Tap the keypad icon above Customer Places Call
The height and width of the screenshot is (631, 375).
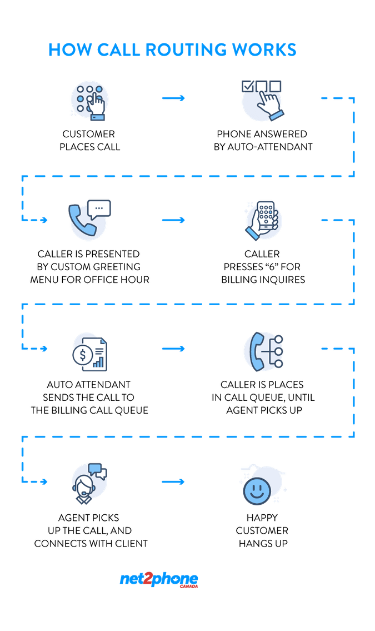tap(90, 101)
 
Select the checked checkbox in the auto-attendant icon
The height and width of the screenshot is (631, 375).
tap(247, 86)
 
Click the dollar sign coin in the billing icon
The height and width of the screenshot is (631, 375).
tap(82, 355)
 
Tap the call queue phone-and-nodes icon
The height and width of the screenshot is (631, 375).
tap(264, 351)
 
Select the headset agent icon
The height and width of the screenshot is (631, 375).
tap(89, 483)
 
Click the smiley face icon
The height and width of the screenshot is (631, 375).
tap(257, 491)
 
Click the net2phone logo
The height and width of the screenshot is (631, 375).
tap(159, 580)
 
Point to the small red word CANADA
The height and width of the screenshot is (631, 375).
tap(189, 587)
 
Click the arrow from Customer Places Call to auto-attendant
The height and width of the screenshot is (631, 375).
tap(173, 98)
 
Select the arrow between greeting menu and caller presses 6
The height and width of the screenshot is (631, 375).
tap(173, 220)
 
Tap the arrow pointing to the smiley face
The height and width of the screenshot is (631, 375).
tap(173, 481)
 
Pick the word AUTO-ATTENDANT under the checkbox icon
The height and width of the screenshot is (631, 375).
tap(269, 147)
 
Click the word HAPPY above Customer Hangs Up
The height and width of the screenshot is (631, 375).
tap(262, 518)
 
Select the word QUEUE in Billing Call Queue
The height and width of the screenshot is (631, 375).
tap(131, 410)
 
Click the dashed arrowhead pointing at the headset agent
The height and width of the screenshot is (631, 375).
tap(44, 481)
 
